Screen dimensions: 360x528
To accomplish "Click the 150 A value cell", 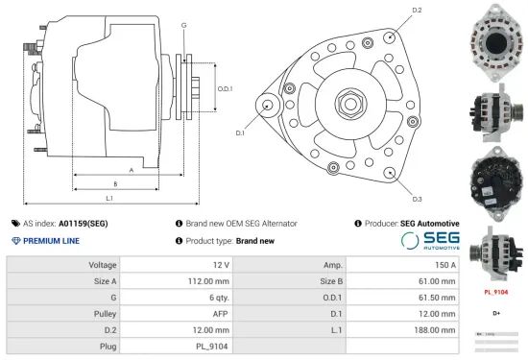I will tap(444, 264).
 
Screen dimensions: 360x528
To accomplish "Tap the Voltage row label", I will tap(103, 264).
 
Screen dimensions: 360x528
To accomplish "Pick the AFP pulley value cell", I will tap(220, 313).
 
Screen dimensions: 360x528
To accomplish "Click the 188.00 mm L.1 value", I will tap(436, 329).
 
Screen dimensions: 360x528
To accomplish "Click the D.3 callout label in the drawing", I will tap(417, 199).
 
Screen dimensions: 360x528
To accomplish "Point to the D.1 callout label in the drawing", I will tap(240, 132).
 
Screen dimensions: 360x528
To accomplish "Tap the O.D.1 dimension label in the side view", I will tap(225, 88).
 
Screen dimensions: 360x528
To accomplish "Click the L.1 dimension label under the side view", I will tap(109, 198).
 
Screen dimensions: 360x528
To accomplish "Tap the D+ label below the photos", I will tap(496, 313).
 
